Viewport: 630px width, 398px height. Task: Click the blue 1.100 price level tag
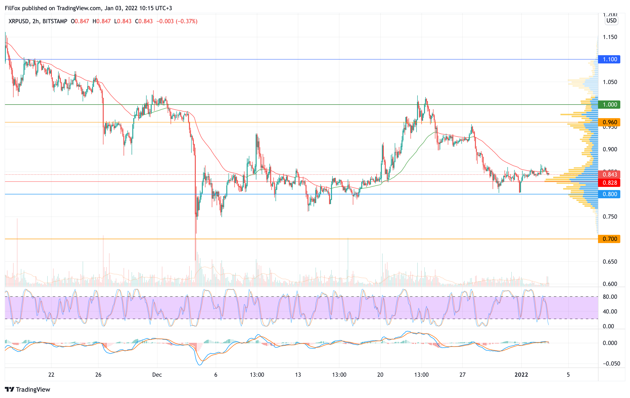tap(609, 59)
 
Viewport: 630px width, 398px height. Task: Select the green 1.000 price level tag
tap(609, 105)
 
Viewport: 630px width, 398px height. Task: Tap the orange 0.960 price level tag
tap(609, 122)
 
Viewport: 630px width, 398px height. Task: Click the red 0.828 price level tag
tap(609, 183)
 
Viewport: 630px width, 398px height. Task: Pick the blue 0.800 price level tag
tap(609, 194)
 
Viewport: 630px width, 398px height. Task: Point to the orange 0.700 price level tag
tap(609, 239)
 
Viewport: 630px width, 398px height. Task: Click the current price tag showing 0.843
tap(609, 174)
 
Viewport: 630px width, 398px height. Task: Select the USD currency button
tap(611, 21)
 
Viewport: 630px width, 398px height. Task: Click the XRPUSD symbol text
tap(19, 21)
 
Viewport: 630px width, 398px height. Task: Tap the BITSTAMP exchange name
tap(55, 21)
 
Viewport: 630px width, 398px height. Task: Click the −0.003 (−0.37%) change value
tap(177, 21)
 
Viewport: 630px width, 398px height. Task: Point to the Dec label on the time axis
tap(157, 375)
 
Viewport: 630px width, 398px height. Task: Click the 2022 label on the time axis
tap(521, 375)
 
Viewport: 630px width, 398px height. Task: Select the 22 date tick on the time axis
tap(51, 375)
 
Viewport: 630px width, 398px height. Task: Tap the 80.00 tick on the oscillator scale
tap(610, 297)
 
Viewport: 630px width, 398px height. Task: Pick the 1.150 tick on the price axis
tap(610, 37)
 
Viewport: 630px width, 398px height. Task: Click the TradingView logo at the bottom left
tap(27, 389)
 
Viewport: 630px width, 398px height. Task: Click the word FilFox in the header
tap(13, 8)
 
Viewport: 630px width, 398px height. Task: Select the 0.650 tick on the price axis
tap(610, 262)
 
